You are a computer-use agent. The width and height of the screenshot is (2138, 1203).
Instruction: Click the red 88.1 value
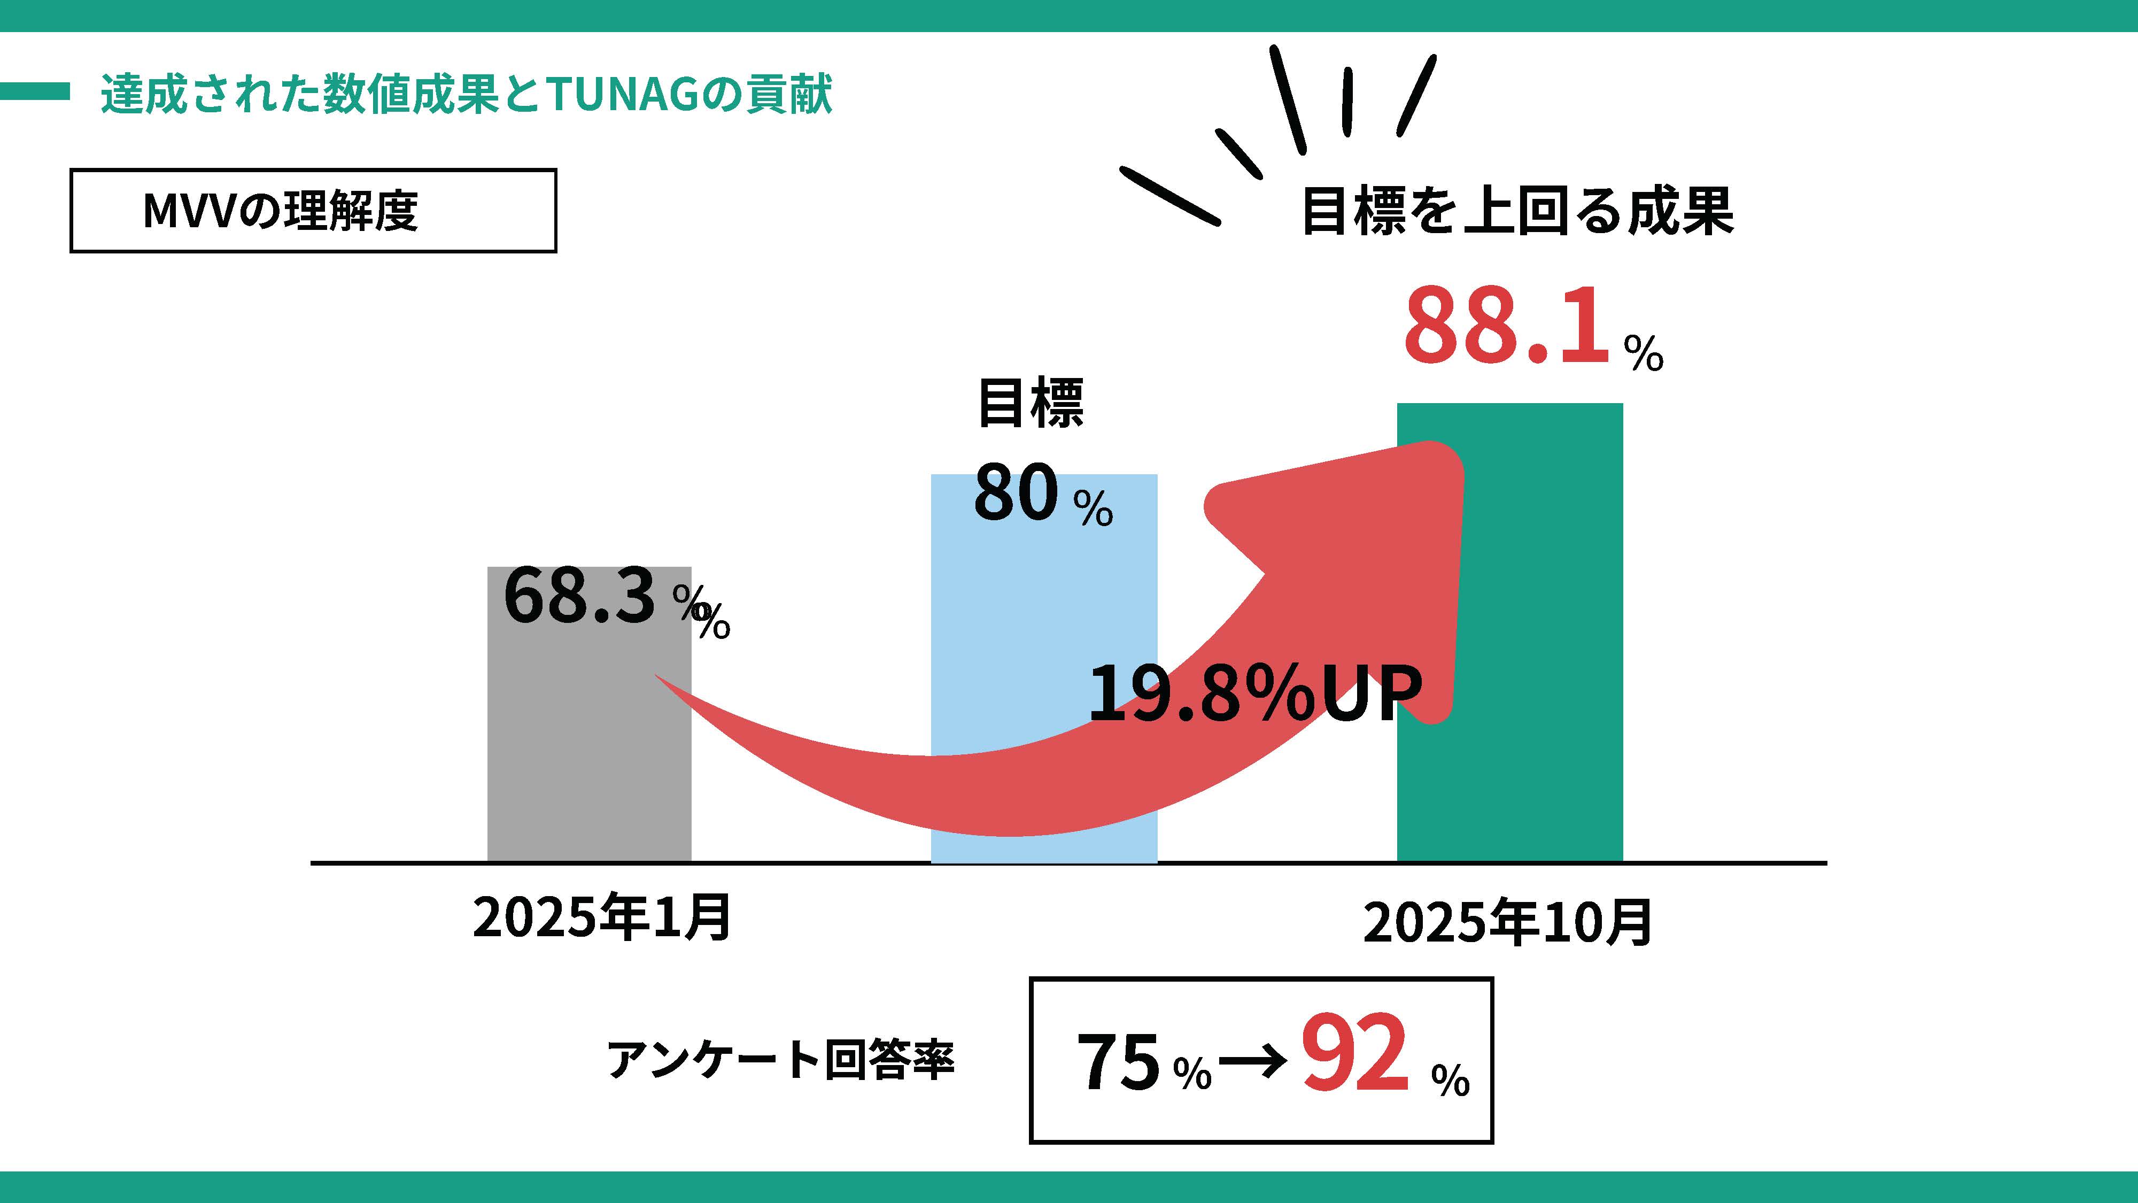pos(1506,326)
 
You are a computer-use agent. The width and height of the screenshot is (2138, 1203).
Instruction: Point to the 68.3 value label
pos(579,596)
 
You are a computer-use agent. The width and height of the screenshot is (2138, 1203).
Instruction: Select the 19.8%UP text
pos(1253,693)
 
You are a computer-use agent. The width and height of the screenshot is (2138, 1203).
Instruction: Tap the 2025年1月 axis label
pos(602,917)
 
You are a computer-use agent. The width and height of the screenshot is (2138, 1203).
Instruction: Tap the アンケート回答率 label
pos(781,1059)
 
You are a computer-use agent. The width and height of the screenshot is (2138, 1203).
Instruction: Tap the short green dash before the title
pos(35,91)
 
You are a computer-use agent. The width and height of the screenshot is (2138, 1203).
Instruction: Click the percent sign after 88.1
pos(1644,353)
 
